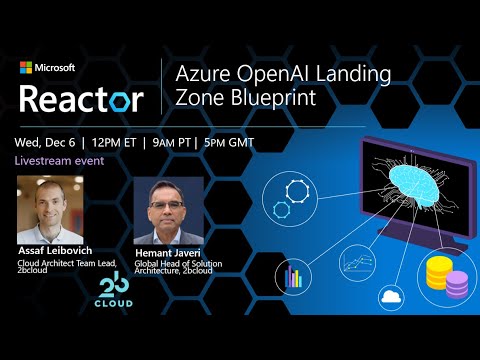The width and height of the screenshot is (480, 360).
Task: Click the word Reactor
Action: [x=81, y=98]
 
